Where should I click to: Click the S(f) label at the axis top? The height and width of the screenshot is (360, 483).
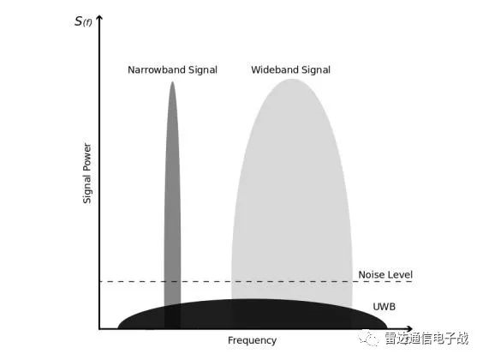tap(83, 21)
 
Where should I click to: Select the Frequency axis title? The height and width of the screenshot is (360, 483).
tap(252, 340)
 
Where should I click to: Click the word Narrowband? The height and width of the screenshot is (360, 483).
tap(156, 69)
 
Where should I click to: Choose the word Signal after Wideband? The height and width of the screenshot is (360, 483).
tap(316, 70)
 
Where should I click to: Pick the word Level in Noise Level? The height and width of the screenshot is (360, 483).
tap(400, 274)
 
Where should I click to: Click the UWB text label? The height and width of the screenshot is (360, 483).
tap(385, 307)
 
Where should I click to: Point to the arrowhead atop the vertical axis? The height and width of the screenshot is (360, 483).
tap(99, 17)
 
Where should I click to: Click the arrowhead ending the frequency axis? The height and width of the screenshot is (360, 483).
tap(409, 328)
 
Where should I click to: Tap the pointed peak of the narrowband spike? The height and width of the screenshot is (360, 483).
tap(172, 82)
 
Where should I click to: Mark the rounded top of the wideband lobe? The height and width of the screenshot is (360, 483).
tap(292, 80)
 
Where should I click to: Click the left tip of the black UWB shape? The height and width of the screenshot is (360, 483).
tap(118, 328)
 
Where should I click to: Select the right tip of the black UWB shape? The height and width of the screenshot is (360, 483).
tap(386, 327)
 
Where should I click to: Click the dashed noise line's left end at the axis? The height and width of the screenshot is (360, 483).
tap(100, 281)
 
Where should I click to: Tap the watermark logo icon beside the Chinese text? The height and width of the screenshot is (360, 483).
tap(368, 338)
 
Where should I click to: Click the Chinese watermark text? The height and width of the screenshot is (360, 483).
tap(426, 338)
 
